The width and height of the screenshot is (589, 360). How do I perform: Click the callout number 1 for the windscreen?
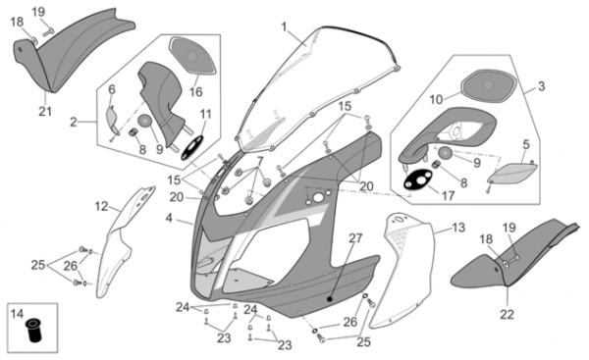pos(284,27)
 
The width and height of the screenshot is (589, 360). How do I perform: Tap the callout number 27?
pos(355,238)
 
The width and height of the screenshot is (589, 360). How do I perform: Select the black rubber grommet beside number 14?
pos(33,331)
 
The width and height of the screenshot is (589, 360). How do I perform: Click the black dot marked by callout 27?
pos(330,299)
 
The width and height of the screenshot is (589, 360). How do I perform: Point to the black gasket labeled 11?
pos(192,147)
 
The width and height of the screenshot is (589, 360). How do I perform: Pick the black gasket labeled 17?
pos(418,180)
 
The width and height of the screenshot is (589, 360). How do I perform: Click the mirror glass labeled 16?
pos(192,56)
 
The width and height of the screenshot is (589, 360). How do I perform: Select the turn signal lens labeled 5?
pos(513,173)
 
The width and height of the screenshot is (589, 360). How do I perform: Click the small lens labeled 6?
pos(112,120)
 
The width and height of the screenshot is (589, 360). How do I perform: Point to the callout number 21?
pos(45,112)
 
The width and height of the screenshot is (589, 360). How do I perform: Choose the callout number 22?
pos(507,314)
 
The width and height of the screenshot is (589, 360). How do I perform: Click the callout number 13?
pos(458,228)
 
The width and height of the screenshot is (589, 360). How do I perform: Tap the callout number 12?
pos(101,206)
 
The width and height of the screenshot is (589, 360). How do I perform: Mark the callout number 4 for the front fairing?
pos(169,218)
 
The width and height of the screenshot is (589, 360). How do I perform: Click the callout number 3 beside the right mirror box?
pos(541,86)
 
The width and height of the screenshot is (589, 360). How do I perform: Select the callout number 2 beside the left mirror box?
pos(74,122)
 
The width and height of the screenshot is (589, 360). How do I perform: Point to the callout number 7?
pos(260,162)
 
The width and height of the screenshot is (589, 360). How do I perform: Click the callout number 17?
pos(449,195)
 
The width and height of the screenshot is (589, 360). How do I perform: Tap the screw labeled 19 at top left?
pos(49,32)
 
